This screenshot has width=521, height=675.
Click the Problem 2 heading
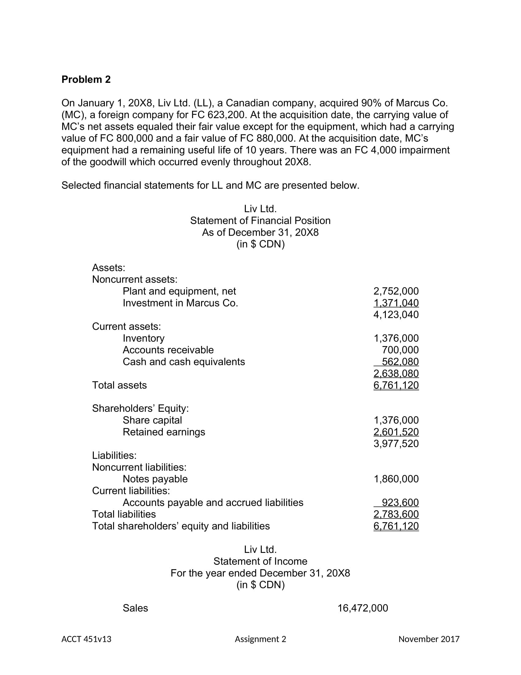click(86, 79)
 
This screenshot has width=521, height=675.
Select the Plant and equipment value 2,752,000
click(396, 291)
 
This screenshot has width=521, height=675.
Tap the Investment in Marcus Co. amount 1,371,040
click(396, 303)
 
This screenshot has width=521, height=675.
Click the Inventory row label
click(143, 338)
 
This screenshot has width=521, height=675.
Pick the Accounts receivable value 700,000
click(400, 350)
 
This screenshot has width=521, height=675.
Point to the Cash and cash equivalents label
click(184, 362)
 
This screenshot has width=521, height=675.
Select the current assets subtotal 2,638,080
click(396, 373)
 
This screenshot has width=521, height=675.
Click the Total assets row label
click(120, 385)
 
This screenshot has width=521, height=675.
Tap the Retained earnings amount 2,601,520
click(396, 432)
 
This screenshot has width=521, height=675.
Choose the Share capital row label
click(152, 420)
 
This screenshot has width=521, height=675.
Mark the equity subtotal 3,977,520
click(396, 444)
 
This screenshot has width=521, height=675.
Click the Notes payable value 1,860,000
click(396, 479)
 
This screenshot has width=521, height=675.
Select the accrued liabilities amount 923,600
click(400, 502)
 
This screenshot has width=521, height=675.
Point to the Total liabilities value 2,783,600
click(396, 514)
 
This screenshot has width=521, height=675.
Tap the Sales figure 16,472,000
click(363, 608)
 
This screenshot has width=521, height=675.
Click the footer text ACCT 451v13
click(86, 639)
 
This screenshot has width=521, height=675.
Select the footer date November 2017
click(429, 639)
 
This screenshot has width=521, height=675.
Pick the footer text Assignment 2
click(260, 639)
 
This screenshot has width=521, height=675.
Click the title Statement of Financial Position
click(260, 220)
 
